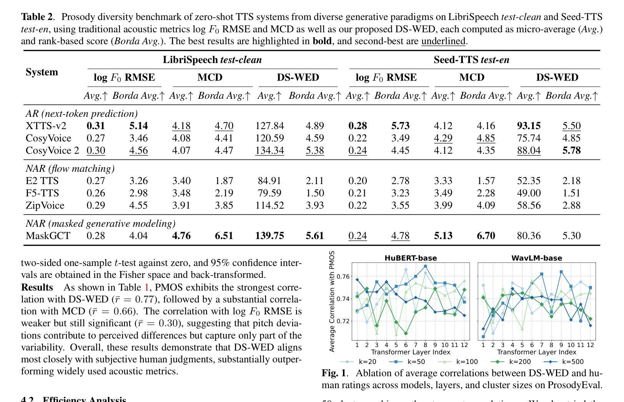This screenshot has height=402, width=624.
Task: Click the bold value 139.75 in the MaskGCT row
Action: pyautogui.click(x=270, y=236)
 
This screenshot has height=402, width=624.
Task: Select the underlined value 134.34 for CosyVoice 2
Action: pyautogui.click(x=270, y=150)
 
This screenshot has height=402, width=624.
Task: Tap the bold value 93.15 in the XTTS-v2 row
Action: pyautogui.click(x=529, y=126)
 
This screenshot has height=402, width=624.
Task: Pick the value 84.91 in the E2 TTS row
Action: pyautogui.click(x=270, y=181)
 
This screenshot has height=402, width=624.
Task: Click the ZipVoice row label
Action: pyautogui.click(x=45, y=205)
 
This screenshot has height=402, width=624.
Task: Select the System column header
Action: pyautogui.click(x=42, y=72)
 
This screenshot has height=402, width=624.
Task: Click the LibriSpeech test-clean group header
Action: pyautogui.click(x=212, y=60)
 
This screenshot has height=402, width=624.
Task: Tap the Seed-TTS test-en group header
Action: pyautogui.click(x=471, y=60)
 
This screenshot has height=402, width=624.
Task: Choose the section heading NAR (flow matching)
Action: pyautogui.click(x=70, y=169)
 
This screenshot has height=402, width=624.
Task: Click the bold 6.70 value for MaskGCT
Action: pyautogui.click(x=486, y=236)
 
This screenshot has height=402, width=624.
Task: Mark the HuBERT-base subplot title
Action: pyautogui.click(x=411, y=258)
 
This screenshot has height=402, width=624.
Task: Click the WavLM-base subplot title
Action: pyautogui.click(x=536, y=258)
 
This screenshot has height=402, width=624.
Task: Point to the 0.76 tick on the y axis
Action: pyautogui.click(x=343, y=276)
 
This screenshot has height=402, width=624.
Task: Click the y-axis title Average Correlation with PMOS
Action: pyautogui.click(x=332, y=301)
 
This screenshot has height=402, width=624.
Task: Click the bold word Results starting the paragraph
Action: pyautogui.click(x=37, y=287)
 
